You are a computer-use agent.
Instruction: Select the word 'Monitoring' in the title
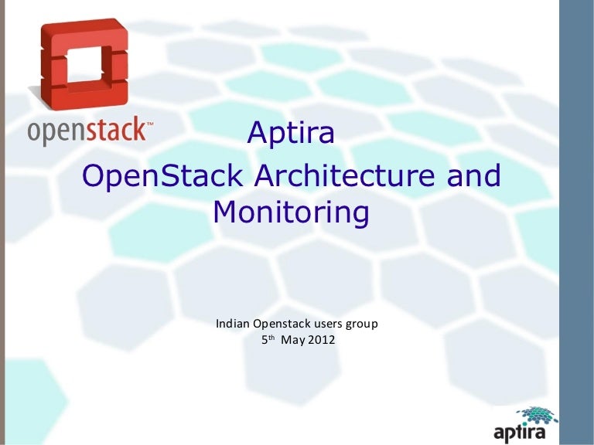(x=290, y=212)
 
